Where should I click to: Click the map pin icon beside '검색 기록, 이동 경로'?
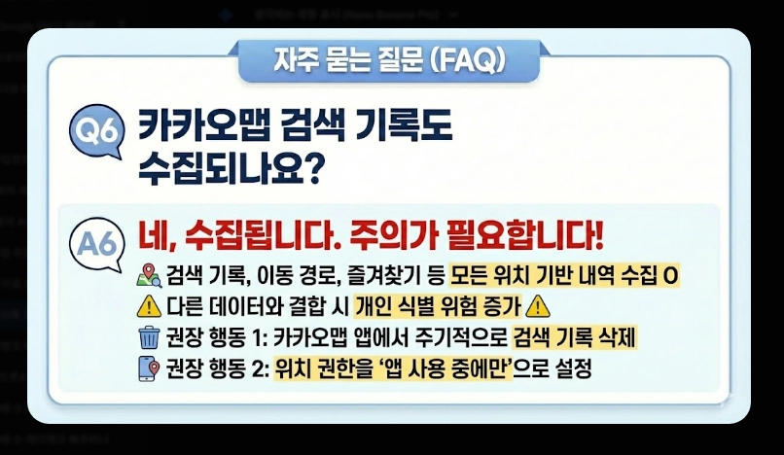pyautogui.click(x=148, y=275)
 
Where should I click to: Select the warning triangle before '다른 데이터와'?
pyautogui.click(x=148, y=306)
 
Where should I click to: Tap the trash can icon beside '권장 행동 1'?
pyautogui.click(x=148, y=337)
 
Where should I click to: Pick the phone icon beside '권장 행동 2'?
pyautogui.click(x=148, y=368)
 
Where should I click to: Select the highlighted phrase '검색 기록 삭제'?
pyautogui.click(x=575, y=337)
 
